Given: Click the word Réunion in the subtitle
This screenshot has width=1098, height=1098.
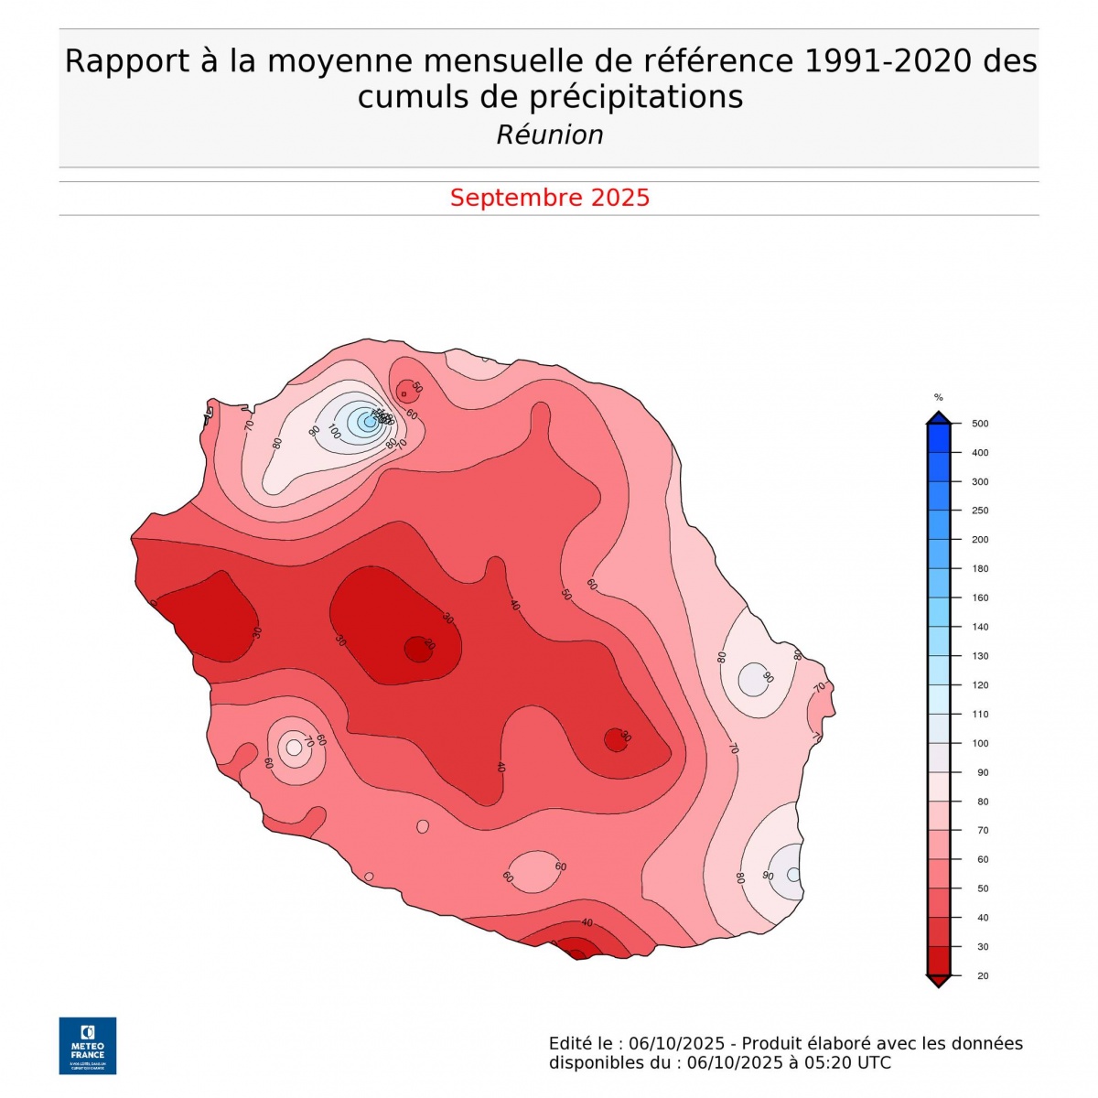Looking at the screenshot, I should pos(550,135).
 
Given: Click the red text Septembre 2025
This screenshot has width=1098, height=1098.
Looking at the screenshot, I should pos(550,198).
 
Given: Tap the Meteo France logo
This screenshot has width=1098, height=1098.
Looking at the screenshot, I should pos(88,1045).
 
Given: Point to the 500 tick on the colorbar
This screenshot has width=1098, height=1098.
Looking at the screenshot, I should pos(980,424).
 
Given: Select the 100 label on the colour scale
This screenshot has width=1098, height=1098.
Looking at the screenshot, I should pos(980,743).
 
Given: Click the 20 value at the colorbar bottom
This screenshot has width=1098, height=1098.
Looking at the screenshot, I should pos(983,975).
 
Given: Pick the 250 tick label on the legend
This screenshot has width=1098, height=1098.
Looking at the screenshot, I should pos(980,511).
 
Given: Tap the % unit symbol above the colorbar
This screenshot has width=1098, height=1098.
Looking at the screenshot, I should pos(938,397).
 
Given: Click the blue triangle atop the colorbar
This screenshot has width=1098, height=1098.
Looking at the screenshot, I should pos(938,418).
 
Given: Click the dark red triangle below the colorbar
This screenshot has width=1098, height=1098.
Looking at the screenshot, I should pos(938,981).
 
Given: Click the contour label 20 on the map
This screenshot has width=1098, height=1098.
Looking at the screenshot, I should pos(429,645).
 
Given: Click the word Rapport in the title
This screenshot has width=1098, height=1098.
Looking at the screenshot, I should pos(124,61).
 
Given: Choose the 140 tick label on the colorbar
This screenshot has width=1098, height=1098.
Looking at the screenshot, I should pos(980,627).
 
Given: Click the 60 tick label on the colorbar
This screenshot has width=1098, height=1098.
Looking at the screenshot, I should pos(983,859).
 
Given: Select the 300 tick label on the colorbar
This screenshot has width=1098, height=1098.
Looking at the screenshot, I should pos(980,481).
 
